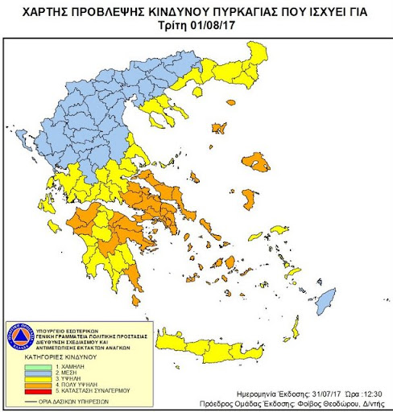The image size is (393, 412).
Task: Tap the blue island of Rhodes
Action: tap(325, 303)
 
